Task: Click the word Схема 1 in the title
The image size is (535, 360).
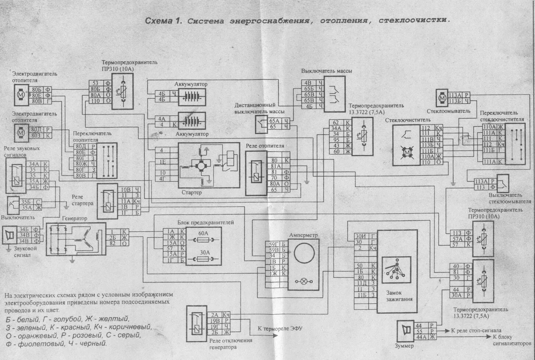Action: point(163,21)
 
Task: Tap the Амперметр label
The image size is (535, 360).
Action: point(303,235)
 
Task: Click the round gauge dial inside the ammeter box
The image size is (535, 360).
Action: point(304,254)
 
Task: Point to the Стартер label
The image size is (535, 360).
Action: point(192,192)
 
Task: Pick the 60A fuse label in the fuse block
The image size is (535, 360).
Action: point(203,233)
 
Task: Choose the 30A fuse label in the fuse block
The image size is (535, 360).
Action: point(203,253)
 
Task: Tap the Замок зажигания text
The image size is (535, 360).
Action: point(399,296)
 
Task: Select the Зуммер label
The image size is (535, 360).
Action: point(404,346)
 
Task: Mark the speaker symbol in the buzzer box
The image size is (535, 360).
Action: point(406,331)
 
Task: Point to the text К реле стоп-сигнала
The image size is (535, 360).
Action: point(476,330)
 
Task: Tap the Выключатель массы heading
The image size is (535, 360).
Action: point(326,71)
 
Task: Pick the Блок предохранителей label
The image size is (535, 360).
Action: point(205,222)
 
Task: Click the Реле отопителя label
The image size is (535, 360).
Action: point(265,146)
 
